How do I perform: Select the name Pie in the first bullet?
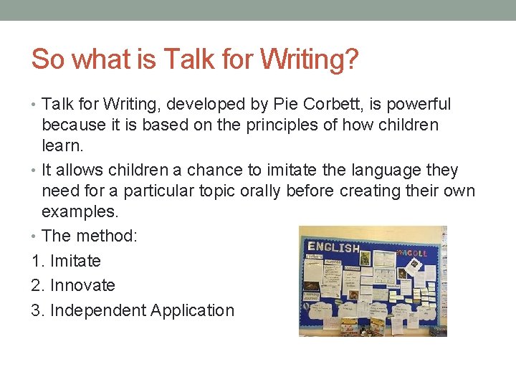click(x=287, y=105)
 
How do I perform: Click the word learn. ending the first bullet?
click(x=63, y=146)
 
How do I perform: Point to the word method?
click(x=104, y=236)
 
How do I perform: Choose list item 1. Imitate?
click(x=66, y=261)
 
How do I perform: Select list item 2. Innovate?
click(x=73, y=285)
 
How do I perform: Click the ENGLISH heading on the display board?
click(x=333, y=248)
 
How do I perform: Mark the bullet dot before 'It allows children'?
click(x=35, y=171)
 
